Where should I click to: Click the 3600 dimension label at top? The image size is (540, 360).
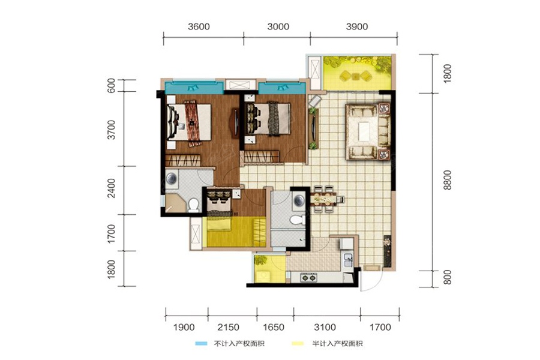click(199, 26)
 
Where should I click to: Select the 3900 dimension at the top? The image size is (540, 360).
click(357, 26)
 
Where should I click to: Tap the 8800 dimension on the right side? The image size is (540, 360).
click(447, 180)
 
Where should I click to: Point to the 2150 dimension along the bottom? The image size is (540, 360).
click(229, 327)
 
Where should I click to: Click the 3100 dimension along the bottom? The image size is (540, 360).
click(325, 327)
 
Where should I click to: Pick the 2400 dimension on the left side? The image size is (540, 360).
click(112, 188)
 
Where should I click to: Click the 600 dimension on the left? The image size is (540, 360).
click(111, 85)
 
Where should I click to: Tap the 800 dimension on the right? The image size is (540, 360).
click(447, 277)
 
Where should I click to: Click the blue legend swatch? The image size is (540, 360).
click(201, 343)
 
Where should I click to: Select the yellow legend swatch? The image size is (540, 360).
click(298, 343)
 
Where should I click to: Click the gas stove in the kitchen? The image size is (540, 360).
click(308, 277)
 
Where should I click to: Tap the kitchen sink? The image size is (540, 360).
click(347, 259)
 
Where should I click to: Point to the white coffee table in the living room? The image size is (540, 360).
click(364, 132)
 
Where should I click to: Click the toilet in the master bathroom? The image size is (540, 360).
click(193, 205)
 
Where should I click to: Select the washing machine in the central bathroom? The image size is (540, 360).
click(299, 200)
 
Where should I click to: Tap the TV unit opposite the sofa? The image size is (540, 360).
click(313, 128)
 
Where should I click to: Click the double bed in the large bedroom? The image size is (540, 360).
click(189, 122)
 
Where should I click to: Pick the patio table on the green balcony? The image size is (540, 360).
click(356, 76)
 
